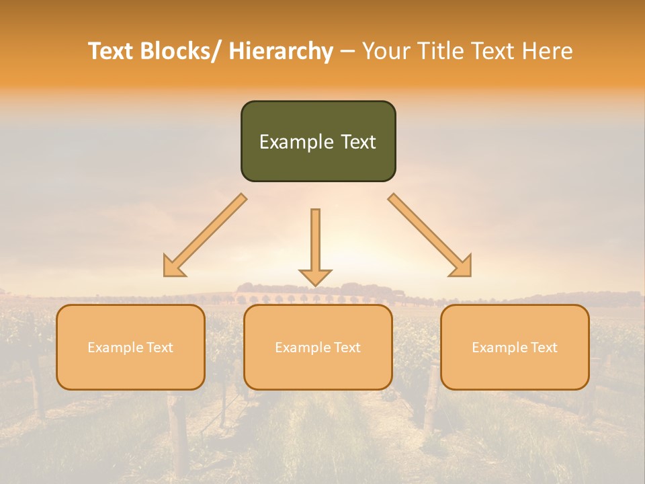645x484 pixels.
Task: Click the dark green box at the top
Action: coord(318,141)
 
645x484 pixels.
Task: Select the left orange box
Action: coord(130,347)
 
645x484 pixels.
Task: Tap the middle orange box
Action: coord(318,347)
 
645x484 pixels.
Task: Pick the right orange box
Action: coord(515,347)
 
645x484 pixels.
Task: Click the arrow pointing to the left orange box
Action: coord(205,235)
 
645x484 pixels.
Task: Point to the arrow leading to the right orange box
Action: coord(430,235)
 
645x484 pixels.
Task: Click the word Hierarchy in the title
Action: coord(281,51)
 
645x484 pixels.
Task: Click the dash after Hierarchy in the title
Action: coord(347,52)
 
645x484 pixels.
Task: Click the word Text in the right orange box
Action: coord(544,348)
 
